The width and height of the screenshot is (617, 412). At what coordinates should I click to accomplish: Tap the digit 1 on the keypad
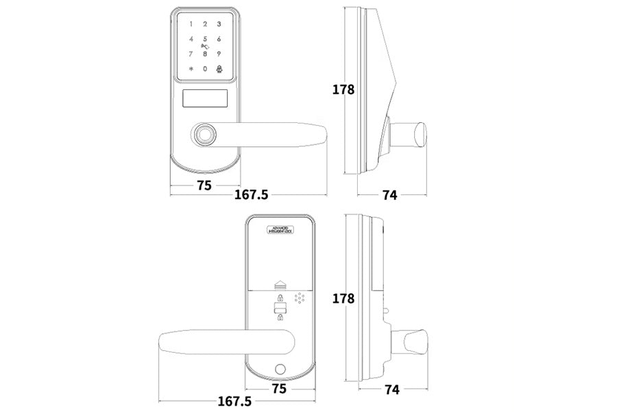[191, 24]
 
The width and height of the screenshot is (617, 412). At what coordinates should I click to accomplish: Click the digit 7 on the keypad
[191, 54]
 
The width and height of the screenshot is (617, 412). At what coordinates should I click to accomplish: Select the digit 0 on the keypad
[205, 69]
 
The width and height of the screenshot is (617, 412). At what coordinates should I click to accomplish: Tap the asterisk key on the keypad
[191, 69]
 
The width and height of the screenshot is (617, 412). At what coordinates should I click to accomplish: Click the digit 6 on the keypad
[219, 39]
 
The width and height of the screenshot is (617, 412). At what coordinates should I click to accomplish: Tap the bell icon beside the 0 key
[219, 69]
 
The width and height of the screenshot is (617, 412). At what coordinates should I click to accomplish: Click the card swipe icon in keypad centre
[204, 47]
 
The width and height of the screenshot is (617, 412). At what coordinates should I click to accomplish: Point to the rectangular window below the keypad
[205, 100]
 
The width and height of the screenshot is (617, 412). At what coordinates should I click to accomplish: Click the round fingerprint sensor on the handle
[204, 135]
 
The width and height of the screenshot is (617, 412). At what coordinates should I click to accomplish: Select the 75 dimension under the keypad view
[204, 185]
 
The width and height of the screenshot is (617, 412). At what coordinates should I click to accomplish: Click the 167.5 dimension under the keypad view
[251, 195]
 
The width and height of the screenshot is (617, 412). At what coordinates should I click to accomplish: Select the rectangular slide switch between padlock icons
[280, 307]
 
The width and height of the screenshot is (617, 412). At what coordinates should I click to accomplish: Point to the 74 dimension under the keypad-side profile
[389, 195]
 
